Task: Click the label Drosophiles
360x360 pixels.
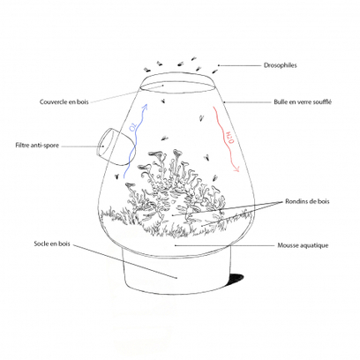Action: (282, 65)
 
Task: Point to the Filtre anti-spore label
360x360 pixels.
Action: (37, 146)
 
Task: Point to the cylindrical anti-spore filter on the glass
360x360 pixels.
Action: (110, 145)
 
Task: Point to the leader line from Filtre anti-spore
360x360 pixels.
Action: (79, 146)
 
